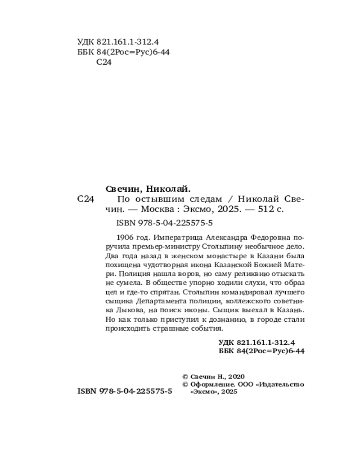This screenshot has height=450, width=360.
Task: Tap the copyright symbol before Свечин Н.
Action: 185,376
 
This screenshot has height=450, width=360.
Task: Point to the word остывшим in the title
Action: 154,199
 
